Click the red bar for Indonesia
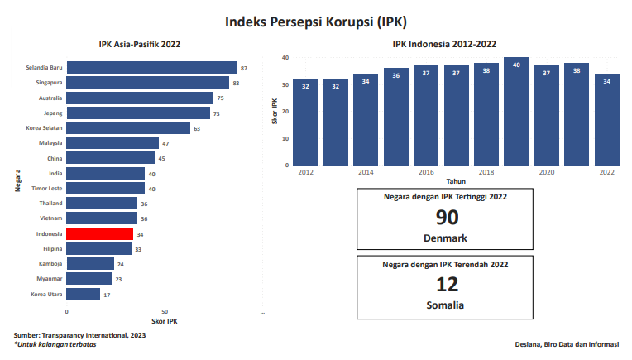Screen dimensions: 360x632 coord(99,234)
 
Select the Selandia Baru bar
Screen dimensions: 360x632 coord(151,68)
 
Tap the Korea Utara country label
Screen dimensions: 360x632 coord(46,294)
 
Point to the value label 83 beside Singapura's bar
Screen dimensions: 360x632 coord(236,83)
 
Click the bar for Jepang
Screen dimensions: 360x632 coord(138,113)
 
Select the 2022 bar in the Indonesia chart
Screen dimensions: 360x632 coord(606,120)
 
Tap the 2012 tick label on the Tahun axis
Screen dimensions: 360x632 coord(306,172)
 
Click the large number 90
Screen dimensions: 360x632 coord(447,218)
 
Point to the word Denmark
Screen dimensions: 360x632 coord(445,238)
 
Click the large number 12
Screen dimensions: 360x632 coord(447,285)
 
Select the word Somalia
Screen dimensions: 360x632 coord(445,305)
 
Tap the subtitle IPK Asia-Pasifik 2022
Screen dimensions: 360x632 coord(140,44)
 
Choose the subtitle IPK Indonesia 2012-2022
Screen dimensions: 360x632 coord(444,44)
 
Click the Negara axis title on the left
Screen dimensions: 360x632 coord(17,181)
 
